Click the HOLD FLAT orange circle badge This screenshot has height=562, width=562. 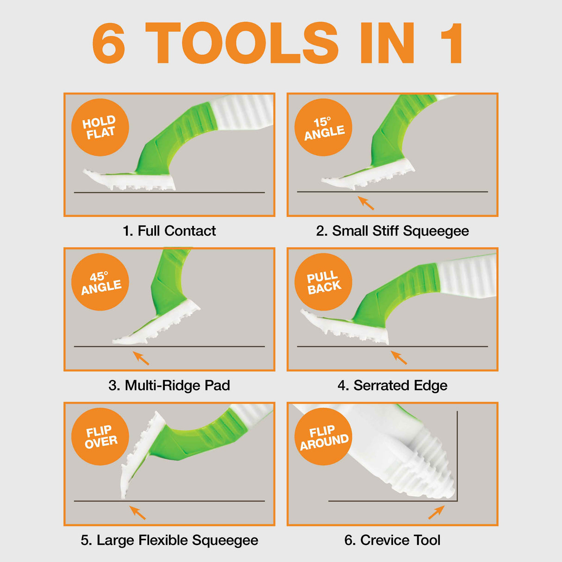(100, 127)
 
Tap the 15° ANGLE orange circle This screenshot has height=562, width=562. (323, 127)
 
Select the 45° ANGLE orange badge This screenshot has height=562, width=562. (100, 282)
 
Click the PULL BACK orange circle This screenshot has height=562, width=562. (323, 282)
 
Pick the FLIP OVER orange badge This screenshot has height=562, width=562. (100, 437)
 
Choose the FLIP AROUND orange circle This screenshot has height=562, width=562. (323, 437)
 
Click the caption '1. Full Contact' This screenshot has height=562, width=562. (169, 231)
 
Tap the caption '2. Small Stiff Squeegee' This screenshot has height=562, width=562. (392, 231)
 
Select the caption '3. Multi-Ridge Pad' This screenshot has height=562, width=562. (169, 385)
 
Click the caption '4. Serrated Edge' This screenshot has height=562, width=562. (392, 385)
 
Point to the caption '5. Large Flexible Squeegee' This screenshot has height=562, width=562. (169, 540)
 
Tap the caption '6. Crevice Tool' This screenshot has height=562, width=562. (392, 540)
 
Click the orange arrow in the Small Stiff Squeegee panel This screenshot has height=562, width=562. (366, 203)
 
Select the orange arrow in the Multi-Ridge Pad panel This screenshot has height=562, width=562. (141, 358)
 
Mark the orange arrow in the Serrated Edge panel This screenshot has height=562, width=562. (399, 357)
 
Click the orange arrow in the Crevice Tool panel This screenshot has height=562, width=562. (436, 512)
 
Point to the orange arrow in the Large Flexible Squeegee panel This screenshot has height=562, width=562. (137, 512)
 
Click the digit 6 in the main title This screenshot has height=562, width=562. (109, 43)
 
